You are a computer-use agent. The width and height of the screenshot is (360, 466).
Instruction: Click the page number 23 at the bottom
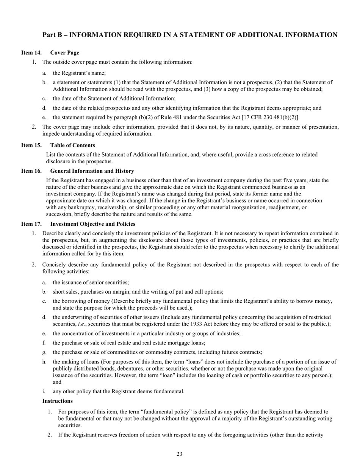pos(180,454)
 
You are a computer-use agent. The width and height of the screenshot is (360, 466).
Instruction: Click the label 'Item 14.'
pos(31,53)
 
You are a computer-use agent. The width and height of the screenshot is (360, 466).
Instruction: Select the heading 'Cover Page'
pos(65,53)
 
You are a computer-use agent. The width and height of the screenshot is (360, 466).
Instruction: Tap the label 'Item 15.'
pos(31,145)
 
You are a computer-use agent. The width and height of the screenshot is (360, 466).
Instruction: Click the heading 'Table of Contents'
pos(73,145)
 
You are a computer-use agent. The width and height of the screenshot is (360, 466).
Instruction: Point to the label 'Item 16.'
pos(31,171)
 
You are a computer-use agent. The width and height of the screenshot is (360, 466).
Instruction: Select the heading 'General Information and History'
pos(92,171)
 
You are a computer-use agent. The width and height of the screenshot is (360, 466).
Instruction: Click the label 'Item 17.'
pos(31,224)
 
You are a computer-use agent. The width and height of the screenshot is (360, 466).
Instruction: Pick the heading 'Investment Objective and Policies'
pos(93,224)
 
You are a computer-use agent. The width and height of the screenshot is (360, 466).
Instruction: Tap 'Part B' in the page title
pos(53,35)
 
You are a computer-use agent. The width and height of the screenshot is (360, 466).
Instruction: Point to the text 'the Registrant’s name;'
pos(79,73)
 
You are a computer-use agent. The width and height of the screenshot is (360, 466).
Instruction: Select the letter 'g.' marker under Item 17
pos(44,352)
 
